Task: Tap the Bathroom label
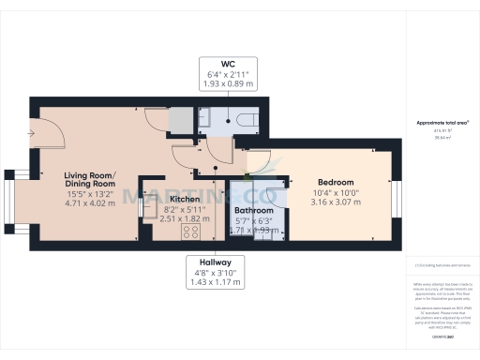(x=253, y=212)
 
